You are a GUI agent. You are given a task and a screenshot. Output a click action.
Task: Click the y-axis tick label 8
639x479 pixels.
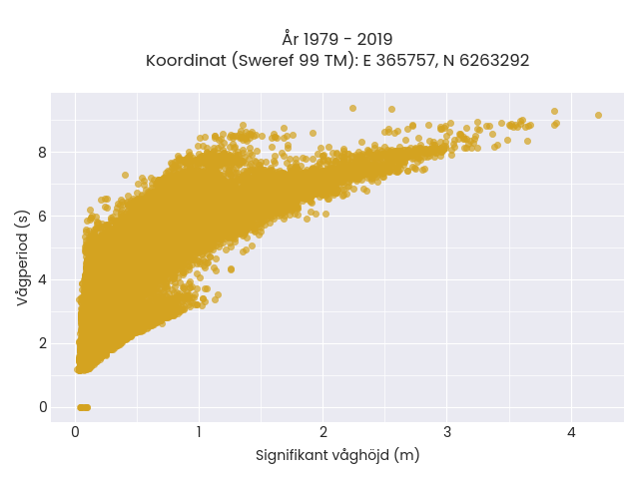tap(43, 153)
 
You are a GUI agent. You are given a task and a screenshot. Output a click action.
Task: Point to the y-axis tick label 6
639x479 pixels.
tap(43, 217)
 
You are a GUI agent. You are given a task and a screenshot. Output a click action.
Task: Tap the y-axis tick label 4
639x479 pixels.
tap(43, 280)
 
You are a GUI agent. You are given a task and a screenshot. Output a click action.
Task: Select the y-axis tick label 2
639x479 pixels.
tap(43, 343)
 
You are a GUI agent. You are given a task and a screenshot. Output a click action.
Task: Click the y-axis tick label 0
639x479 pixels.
tap(43, 407)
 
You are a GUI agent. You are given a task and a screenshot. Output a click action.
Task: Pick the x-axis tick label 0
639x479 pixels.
tap(76, 432)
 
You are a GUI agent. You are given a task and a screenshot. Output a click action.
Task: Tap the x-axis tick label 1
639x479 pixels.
tap(199, 432)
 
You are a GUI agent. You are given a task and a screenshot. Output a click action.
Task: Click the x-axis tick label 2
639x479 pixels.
tap(323, 432)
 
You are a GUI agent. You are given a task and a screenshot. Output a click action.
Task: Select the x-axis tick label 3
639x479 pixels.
tap(447, 432)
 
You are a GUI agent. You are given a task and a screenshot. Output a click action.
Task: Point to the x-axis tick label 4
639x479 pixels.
tap(571, 432)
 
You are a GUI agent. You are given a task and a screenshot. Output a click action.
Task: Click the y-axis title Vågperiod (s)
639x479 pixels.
tap(22, 257)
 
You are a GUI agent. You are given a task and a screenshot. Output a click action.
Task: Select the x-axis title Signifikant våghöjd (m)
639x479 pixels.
tap(337, 455)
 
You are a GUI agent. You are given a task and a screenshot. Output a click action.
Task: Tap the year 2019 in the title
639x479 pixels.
tap(375, 40)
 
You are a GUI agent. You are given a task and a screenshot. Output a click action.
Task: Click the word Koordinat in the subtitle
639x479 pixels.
tap(186, 61)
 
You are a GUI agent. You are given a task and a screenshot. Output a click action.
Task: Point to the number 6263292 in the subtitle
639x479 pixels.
tap(494, 61)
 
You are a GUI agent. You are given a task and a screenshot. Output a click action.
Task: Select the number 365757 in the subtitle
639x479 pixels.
tap(405, 61)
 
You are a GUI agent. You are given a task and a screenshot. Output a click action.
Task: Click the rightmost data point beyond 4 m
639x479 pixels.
tap(598, 116)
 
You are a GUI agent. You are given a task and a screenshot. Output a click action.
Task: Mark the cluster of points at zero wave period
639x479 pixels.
tap(84, 407)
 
